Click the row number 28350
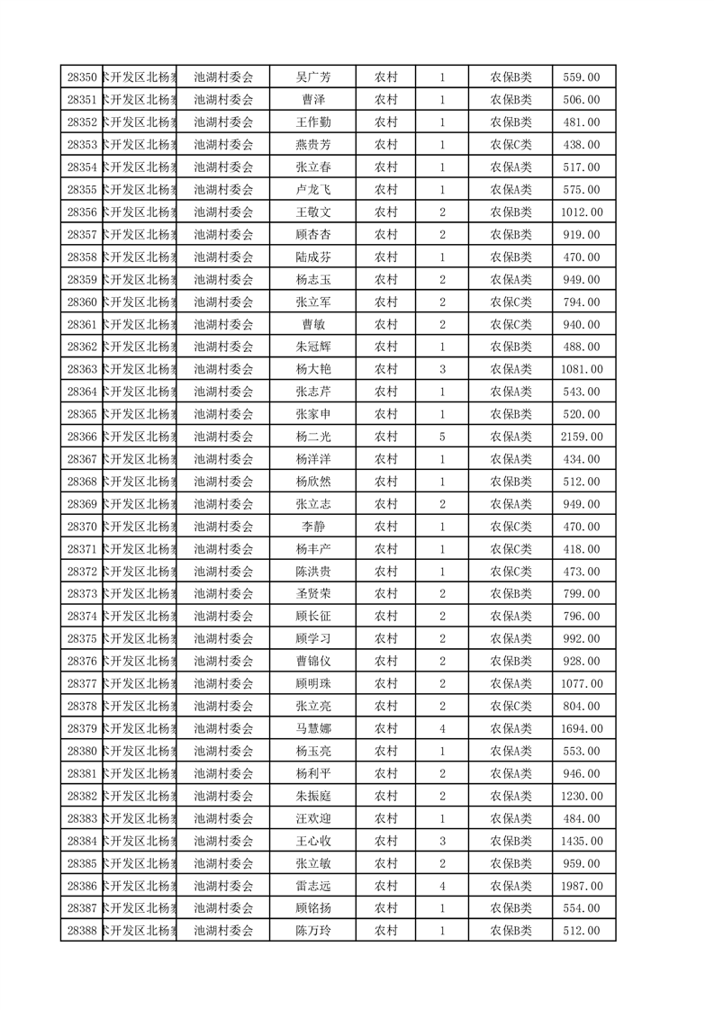coord(82,77)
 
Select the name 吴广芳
coord(313,77)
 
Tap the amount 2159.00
coord(581,437)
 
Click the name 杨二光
coord(313,437)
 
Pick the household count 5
coord(443,437)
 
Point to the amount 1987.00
coord(581,886)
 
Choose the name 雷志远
coord(313,886)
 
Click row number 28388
coord(82,931)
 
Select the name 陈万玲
coord(313,931)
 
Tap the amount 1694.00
coord(581,729)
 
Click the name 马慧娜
coord(313,729)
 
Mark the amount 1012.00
coord(581,212)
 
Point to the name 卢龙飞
coord(313,190)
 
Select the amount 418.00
coord(581,549)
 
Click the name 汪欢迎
coord(313,818)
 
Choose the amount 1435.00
coord(581,841)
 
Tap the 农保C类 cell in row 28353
coord(511,145)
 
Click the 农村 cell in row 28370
coord(386,527)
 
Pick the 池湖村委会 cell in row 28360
coord(224,302)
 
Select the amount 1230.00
coord(581,796)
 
